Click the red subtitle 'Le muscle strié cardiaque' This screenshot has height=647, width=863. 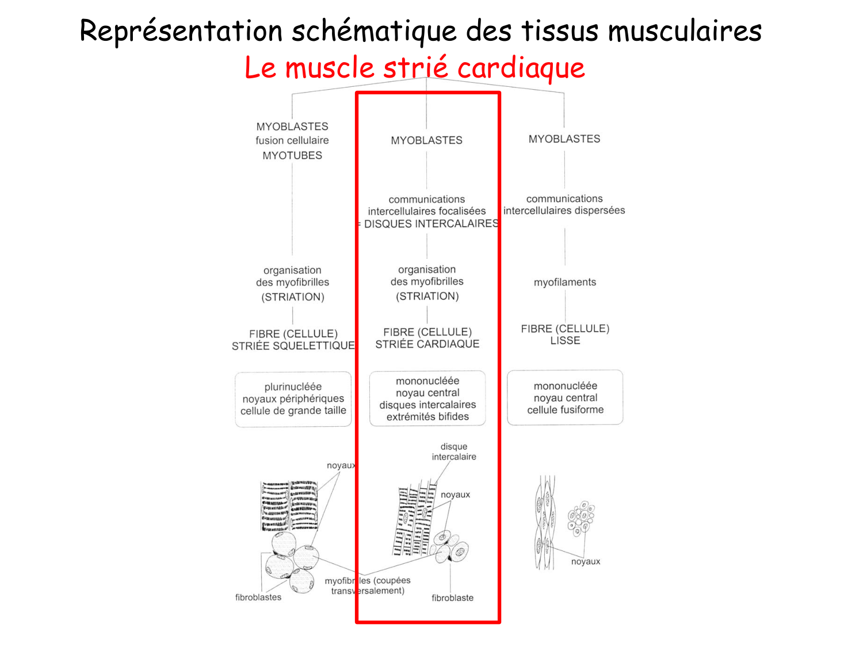tap(414, 68)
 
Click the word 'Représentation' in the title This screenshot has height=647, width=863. tap(181, 31)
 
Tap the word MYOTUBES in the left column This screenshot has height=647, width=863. tap(292, 155)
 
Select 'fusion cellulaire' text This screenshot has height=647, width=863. tap(292, 140)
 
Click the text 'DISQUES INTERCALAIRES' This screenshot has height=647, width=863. tap(431, 224)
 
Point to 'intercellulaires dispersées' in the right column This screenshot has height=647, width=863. tap(564, 210)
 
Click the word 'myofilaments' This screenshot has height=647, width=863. tap(564, 282)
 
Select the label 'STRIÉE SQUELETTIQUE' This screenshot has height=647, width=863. tap(293, 346)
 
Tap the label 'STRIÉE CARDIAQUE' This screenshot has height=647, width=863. tap(427, 344)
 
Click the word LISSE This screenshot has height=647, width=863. tap(565, 340)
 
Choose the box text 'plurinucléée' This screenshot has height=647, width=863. tap(293, 387)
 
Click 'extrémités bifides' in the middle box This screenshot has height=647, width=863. tap(427, 417)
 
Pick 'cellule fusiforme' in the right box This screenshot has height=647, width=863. tap(565, 410)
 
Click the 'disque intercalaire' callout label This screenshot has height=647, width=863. tap(454, 451)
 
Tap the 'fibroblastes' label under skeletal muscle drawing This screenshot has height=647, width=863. tap(258, 598)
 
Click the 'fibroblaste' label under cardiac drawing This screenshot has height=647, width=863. tap(452, 598)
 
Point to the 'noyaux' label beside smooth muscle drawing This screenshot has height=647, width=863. tap(585, 562)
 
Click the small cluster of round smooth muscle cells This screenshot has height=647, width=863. tap(581, 518)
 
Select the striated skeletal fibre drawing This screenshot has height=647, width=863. tap(289, 506)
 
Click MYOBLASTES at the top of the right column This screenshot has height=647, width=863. tap(564, 139)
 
